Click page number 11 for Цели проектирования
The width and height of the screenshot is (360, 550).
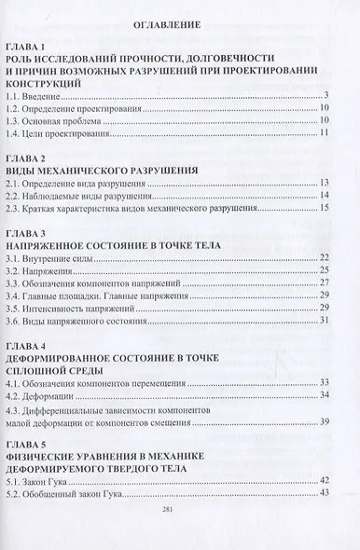[324, 134]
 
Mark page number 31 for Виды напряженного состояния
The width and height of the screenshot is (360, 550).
[324, 320]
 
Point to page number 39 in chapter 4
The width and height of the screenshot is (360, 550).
[324, 420]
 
